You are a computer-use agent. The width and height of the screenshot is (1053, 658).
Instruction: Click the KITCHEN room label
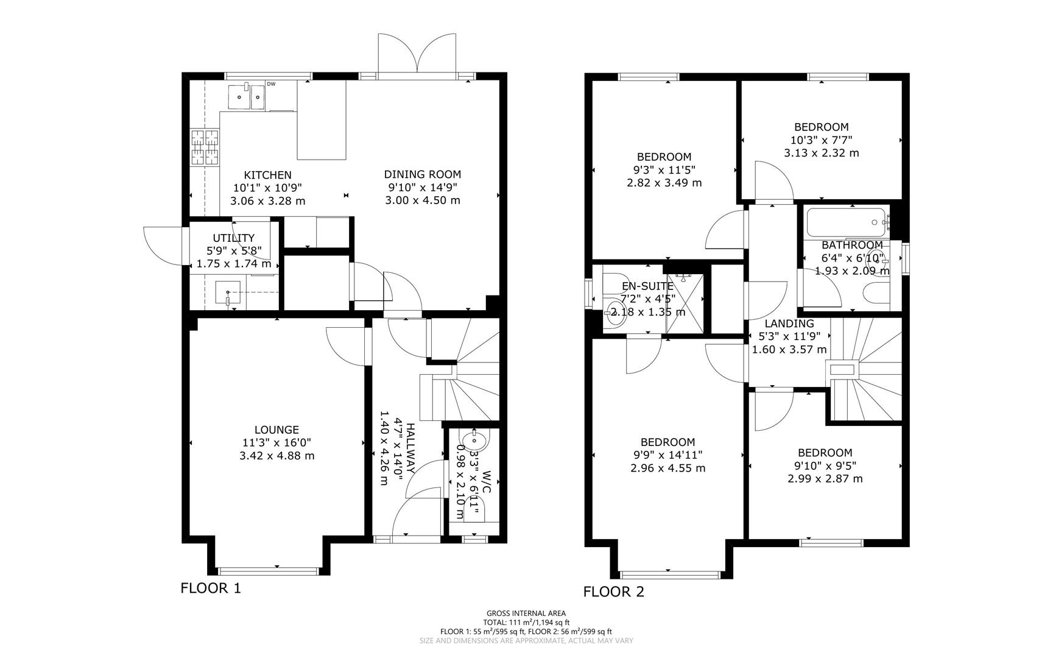click(x=267, y=175)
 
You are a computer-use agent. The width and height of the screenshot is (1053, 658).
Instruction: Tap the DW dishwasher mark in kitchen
click(x=271, y=84)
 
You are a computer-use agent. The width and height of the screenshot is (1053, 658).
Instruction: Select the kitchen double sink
click(x=247, y=96)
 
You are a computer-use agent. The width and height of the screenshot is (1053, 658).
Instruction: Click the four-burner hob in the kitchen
click(x=205, y=147)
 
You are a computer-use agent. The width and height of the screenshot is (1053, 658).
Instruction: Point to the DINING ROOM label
click(x=422, y=174)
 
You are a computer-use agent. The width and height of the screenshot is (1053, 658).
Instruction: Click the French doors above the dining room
click(x=417, y=55)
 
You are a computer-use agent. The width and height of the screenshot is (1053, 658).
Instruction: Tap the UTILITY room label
click(x=233, y=238)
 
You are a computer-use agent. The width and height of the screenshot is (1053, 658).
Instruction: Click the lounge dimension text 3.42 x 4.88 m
click(x=277, y=456)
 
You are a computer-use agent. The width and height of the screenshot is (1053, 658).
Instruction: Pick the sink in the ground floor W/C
click(x=474, y=439)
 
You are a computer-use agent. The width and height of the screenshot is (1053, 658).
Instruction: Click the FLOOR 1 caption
click(x=211, y=589)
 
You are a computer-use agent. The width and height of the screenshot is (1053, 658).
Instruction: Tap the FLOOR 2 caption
click(x=613, y=592)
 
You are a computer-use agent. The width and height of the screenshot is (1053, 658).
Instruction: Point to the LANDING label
click(x=789, y=324)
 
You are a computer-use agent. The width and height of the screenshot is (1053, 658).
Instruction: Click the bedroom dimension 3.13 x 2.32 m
click(x=821, y=153)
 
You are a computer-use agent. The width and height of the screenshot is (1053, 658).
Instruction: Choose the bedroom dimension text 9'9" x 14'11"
click(x=667, y=455)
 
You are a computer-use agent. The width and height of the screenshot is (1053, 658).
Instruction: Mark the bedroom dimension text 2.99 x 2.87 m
click(x=825, y=479)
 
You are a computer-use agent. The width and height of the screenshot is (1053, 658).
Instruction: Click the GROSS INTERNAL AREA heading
click(x=526, y=614)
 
